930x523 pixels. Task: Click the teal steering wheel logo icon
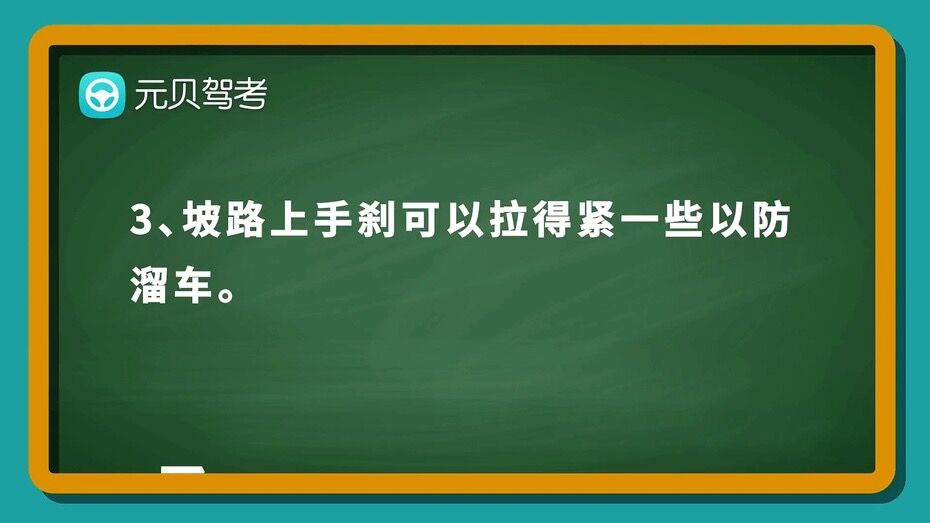point(102,95)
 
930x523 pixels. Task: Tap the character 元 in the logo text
point(149,94)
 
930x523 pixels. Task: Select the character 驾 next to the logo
point(217,94)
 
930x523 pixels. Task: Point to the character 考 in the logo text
point(251,94)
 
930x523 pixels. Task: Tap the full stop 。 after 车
point(226,294)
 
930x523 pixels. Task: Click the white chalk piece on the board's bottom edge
point(183,470)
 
